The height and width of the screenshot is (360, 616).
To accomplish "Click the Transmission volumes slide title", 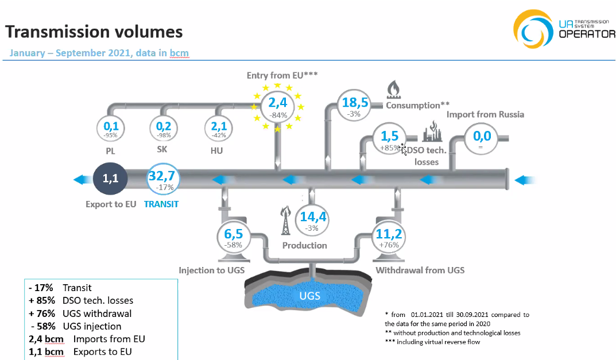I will (94, 31).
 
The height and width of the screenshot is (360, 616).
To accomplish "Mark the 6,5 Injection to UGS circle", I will (232, 237).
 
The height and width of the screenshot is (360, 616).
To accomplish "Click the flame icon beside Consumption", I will (394, 90).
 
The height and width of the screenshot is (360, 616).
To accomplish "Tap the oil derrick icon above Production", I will (285, 221).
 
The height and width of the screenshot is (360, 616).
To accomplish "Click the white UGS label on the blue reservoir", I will (310, 296).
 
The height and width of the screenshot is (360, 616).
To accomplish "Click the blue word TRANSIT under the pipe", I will (161, 204).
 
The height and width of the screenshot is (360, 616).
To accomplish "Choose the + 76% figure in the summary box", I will (41, 313).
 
